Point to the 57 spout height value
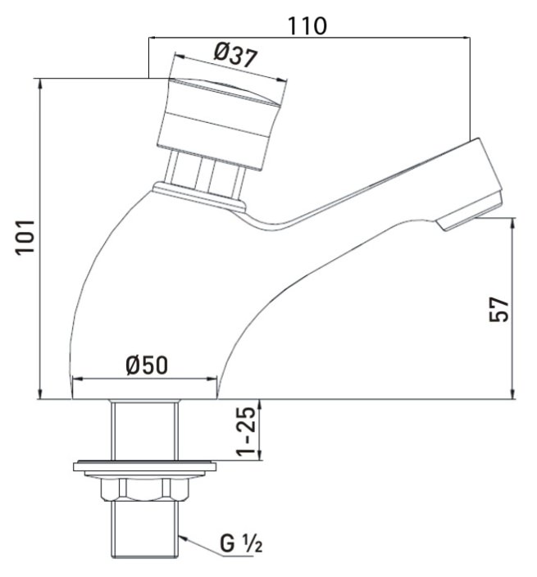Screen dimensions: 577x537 pyautogui.click(x=499, y=309)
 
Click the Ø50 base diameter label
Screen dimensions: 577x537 pyautogui.click(x=148, y=365)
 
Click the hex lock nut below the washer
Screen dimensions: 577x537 pyautogui.click(x=143, y=488)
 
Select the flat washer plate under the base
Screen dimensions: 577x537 pyautogui.click(x=144, y=467)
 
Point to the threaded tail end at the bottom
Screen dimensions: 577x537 pyautogui.click(x=143, y=533)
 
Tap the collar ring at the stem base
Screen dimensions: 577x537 pyautogui.click(x=198, y=196)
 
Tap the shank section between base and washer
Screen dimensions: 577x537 pyautogui.click(x=143, y=430)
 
